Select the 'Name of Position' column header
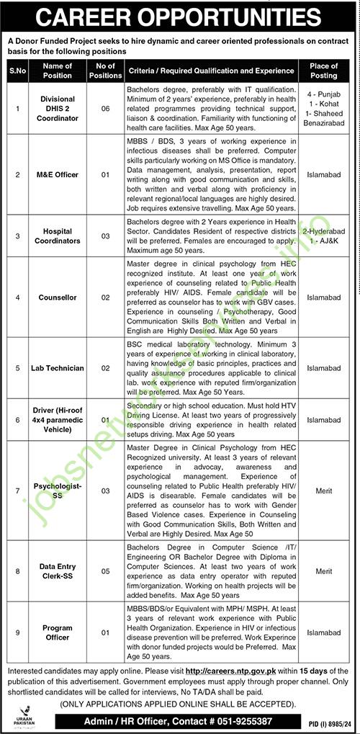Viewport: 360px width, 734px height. [57, 71]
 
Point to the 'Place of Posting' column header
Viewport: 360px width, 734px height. [323, 71]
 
